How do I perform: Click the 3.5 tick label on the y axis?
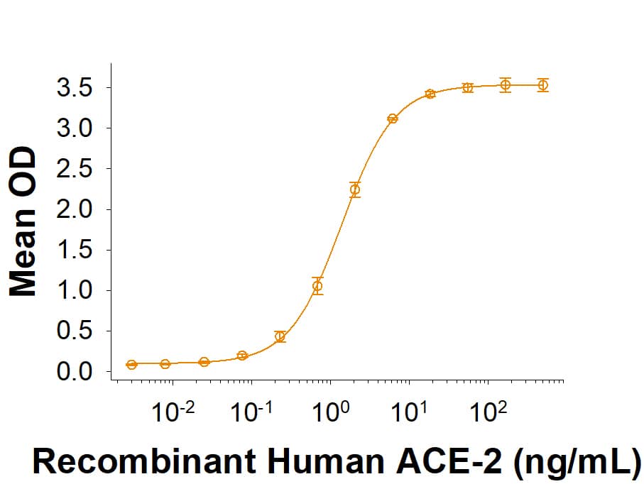point(75,89)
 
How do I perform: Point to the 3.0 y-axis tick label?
point(75,129)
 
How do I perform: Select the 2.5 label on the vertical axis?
point(75,170)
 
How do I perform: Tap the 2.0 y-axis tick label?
point(75,210)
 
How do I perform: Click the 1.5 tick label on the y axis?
point(75,251)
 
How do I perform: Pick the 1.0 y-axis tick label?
point(75,291)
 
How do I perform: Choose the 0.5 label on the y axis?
point(75,331)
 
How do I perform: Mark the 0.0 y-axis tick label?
point(75,372)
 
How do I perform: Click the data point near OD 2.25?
point(355,189)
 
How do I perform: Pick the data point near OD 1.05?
point(317,286)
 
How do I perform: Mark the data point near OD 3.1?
point(393,119)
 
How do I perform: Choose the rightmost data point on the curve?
point(542,85)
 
